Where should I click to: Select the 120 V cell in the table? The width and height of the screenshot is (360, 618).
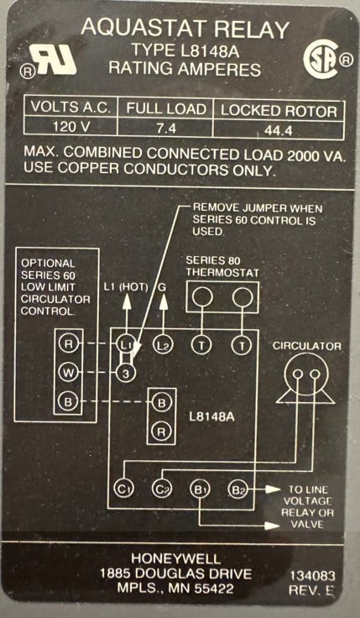point(70,128)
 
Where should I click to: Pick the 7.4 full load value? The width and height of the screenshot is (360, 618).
point(166,128)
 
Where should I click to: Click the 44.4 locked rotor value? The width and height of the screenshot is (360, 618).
point(279,130)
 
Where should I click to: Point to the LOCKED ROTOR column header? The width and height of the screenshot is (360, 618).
point(279,111)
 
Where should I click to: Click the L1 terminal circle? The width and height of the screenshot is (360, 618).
point(126,345)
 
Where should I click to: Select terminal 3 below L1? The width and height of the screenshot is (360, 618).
point(126,373)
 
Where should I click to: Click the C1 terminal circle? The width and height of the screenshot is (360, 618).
point(124,490)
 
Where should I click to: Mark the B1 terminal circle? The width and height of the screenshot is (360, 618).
point(200,490)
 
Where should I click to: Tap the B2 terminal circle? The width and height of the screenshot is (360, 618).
point(237,490)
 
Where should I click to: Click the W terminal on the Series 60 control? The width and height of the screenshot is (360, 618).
point(69,373)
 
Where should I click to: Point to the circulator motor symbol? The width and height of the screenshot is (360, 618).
point(305,379)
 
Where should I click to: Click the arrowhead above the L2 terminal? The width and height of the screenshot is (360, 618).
point(164,301)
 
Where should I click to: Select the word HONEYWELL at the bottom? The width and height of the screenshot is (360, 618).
point(176,558)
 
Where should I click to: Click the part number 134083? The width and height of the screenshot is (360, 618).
point(313,576)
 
